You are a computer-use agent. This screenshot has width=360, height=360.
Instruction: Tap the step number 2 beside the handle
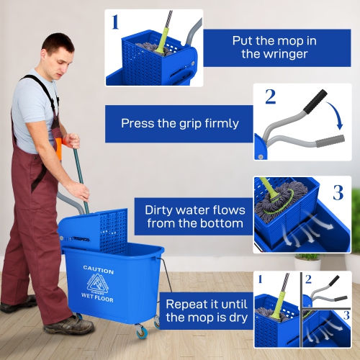coord(270,96)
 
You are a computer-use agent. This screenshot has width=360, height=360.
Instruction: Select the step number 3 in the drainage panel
coord(337,192)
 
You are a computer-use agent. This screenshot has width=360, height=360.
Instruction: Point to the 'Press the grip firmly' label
coord(179,123)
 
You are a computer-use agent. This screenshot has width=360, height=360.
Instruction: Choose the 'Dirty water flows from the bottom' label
coord(195,217)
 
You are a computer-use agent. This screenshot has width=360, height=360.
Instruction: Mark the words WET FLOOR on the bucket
coord(98,295)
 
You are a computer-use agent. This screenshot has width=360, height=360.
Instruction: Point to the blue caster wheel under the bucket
coord(140,332)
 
